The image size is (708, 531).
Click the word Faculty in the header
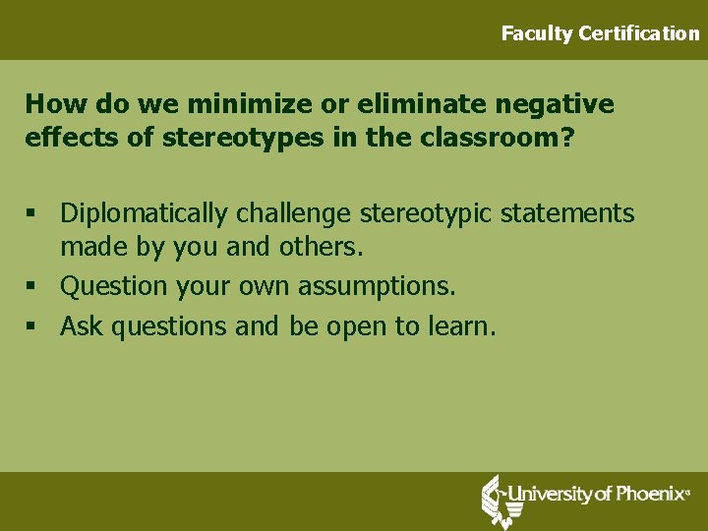[x=537, y=33]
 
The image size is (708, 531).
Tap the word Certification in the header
[x=639, y=33]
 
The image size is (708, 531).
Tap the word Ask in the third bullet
[x=82, y=326]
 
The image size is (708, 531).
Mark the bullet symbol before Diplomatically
[x=32, y=213]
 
